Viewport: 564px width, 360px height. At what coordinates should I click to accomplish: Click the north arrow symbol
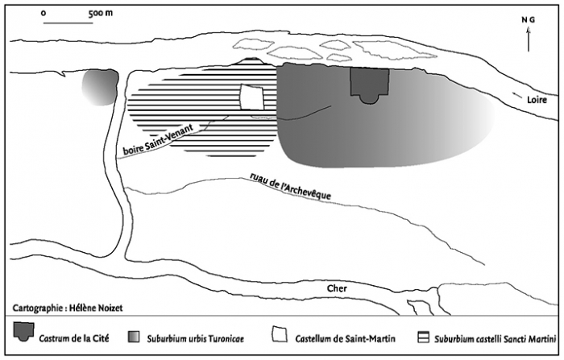(x=528, y=37)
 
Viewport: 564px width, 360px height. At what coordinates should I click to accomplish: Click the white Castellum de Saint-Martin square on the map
(x=252, y=97)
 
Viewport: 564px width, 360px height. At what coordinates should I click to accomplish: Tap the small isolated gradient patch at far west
(x=97, y=87)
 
